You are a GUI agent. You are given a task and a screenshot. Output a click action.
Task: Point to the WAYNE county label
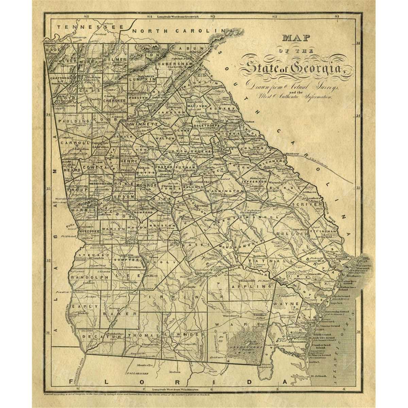click(x=288, y=303)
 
